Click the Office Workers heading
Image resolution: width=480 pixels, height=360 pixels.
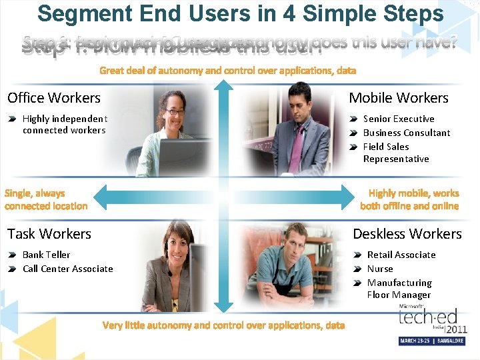click(x=54, y=98)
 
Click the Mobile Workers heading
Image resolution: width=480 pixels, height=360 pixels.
click(x=399, y=98)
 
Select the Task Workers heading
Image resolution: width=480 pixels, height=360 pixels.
click(x=49, y=234)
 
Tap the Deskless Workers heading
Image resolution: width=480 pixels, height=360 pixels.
click(x=407, y=234)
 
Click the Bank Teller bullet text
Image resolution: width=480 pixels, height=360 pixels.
click(x=46, y=255)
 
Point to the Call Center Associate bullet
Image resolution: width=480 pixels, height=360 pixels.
click(x=67, y=269)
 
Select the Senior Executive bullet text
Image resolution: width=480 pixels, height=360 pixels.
click(x=399, y=119)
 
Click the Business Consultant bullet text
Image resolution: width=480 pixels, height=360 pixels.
click(x=407, y=133)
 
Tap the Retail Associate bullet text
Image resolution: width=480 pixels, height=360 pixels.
click(x=401, y=255)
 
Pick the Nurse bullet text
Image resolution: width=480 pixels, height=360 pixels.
click(x=380, y=269)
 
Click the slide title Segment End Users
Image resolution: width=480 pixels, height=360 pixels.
click(x=240, y=13)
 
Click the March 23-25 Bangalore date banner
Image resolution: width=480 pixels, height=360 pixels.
click(x=433, y=341)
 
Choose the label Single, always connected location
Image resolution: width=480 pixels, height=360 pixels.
click(x=45, y=199)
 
